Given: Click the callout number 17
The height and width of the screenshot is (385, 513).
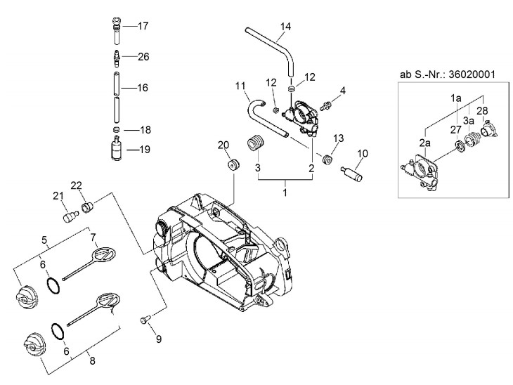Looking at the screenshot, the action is [143, 26].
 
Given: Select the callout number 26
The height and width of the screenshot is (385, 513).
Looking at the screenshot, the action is [143, 57].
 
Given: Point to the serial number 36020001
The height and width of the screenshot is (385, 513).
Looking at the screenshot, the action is [472, 74].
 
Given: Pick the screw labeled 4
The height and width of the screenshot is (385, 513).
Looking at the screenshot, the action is [325, 105].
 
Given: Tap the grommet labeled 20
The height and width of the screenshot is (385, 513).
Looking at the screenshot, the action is [233, 164].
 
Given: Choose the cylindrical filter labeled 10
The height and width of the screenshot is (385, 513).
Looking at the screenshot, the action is [351, 173].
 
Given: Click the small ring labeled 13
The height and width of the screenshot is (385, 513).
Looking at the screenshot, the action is [327, 159].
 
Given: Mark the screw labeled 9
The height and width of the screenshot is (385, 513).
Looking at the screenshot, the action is [144, 319].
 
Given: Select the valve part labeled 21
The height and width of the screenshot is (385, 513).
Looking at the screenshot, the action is [70, 216].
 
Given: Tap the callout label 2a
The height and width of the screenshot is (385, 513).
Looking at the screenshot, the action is [424, 143].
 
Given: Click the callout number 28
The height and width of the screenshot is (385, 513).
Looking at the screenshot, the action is [482, 111].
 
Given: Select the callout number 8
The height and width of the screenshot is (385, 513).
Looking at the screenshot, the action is [93, 361].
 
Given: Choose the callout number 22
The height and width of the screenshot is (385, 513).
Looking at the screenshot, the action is [76, 185].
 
